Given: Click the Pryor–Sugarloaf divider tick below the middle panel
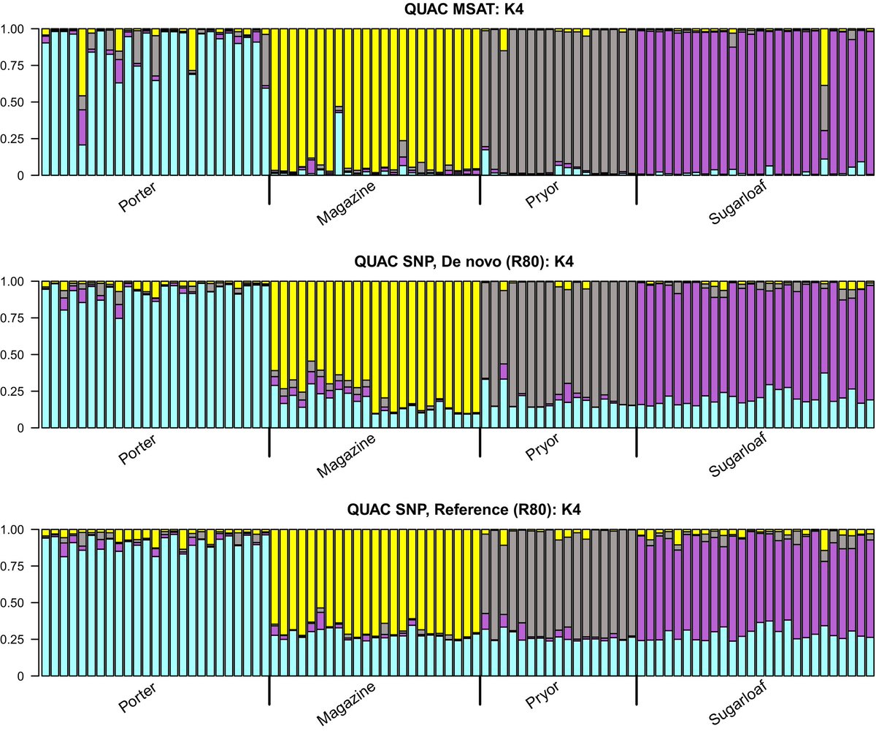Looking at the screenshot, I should pos(637,443).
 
